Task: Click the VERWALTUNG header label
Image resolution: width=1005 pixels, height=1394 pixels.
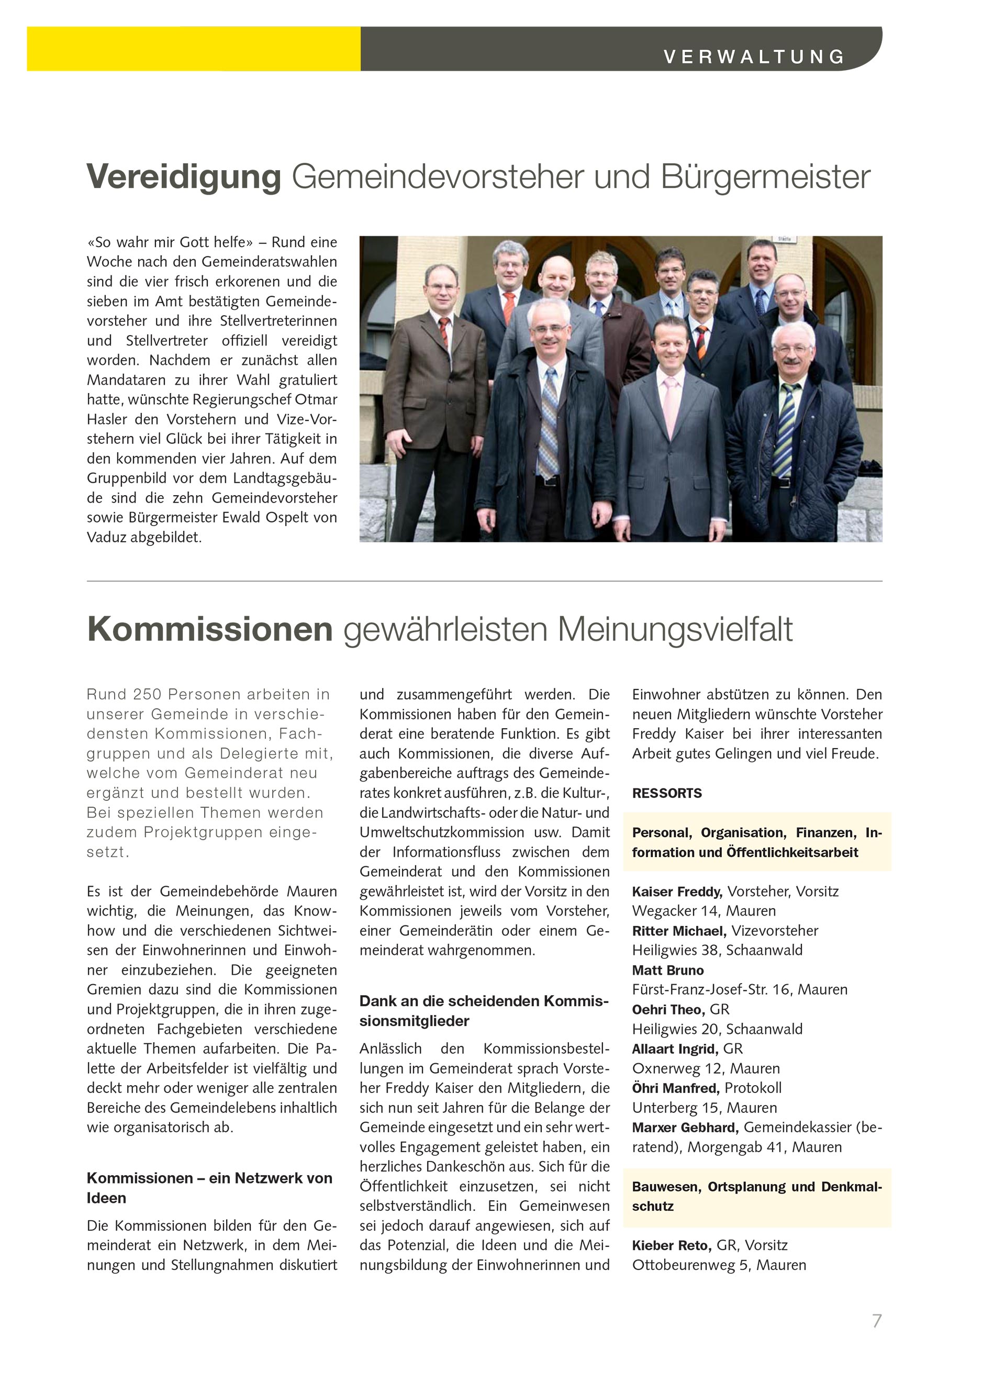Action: (754, 57)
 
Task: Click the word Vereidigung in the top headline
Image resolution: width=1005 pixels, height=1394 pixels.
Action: (184, 177)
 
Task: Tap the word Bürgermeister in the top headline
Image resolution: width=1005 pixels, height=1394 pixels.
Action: (765, 177)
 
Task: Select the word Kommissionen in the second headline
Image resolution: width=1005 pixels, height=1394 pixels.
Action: (209, 629)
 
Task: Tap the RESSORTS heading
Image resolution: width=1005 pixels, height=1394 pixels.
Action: (666, 793)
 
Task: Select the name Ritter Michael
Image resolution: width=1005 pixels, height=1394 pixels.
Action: (678, 931)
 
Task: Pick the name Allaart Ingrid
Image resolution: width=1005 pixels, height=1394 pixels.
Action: (674, 1049)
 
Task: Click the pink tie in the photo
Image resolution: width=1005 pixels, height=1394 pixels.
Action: (671, 406)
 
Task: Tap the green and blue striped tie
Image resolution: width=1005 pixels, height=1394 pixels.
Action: (785, 430)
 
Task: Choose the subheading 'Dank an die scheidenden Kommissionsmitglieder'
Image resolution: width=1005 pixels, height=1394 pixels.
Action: (484, 1011)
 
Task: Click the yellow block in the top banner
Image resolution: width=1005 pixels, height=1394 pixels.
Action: (193, 49)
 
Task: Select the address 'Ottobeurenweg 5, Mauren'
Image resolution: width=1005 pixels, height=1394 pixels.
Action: (719, 1265)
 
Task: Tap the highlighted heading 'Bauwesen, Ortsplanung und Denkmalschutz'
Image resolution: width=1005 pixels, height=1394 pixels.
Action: (757, 1196)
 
